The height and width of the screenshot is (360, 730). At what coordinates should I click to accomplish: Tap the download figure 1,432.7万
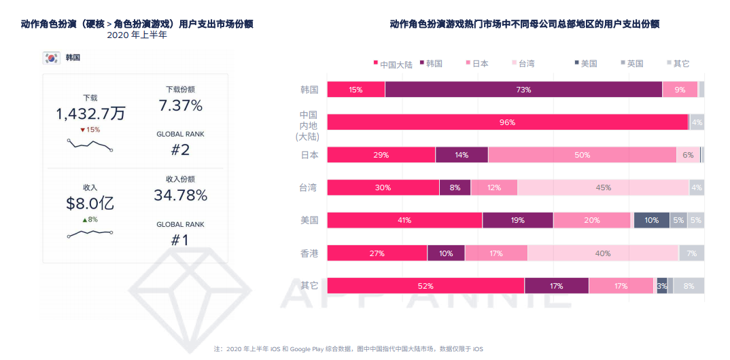(90, 113)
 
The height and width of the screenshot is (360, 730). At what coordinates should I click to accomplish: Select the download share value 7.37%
(180, 106)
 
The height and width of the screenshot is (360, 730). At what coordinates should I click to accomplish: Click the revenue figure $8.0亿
(90, 203)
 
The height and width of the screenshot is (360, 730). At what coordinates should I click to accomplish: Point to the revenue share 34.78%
(180, 196)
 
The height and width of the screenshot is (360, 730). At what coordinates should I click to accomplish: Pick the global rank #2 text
(180, 150)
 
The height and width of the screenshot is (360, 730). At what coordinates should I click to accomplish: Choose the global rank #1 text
(180, 240)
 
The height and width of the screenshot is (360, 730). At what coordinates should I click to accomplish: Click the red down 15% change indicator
(90, 130)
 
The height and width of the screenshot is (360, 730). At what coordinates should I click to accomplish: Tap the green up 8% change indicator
(90, 219)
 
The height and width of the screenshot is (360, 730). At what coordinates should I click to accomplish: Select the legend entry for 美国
(586, 64)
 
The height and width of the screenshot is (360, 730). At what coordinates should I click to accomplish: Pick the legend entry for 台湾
(523, 64)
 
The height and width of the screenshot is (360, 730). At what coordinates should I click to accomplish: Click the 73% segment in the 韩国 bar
(523, 90)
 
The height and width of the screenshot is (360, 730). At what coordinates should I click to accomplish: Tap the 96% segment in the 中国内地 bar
(507, 122)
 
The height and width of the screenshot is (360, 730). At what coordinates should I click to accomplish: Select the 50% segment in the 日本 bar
(582, 155)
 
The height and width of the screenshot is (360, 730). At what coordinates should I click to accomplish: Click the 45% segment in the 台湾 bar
(603, 187)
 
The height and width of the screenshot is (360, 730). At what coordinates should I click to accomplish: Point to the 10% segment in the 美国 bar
(651, 220)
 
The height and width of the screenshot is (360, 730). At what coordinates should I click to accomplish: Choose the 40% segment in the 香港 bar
(603, 253)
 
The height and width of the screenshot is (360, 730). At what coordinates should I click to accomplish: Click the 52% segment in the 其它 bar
(425, 286)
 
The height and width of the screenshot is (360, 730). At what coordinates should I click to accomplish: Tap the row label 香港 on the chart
(309, 253)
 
